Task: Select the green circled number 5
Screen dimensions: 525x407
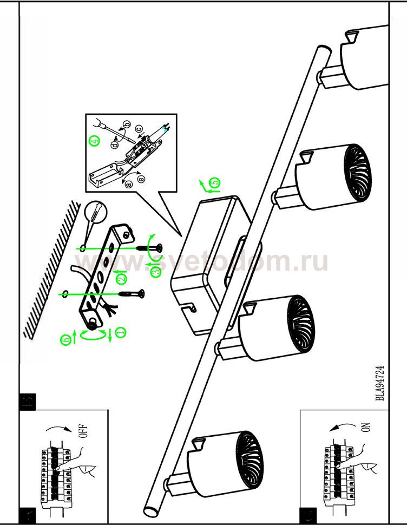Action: (215, 183)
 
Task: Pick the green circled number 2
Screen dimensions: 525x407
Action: (121, 278)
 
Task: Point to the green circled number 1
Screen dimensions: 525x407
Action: (120, 333)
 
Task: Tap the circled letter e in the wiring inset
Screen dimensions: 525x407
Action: (141, 179)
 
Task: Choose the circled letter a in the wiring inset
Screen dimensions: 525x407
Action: (129, 184)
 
